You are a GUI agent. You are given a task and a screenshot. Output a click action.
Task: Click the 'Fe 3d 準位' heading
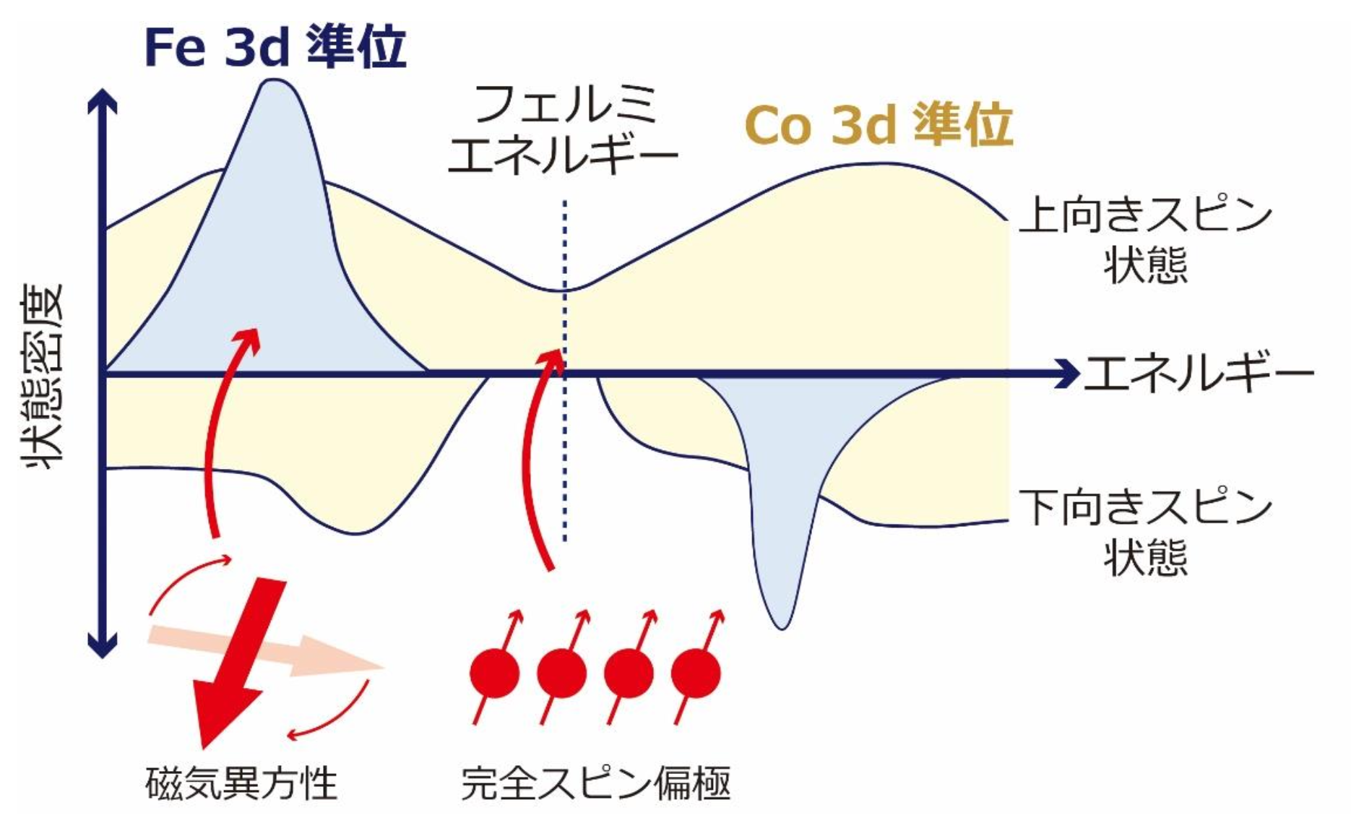pos(275,48)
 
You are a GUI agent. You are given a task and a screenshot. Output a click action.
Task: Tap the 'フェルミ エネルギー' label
pos(563,129)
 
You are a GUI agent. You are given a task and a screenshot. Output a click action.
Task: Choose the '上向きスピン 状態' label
pos(1145,241)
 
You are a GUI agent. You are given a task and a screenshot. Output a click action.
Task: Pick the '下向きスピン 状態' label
pos(1145,533)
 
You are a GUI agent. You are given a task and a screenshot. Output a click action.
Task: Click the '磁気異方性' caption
pos(241,783)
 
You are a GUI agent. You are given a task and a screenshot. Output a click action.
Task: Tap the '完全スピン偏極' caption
pos(596,783)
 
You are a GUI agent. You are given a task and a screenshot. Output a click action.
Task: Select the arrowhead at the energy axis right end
pos(1067,374)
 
